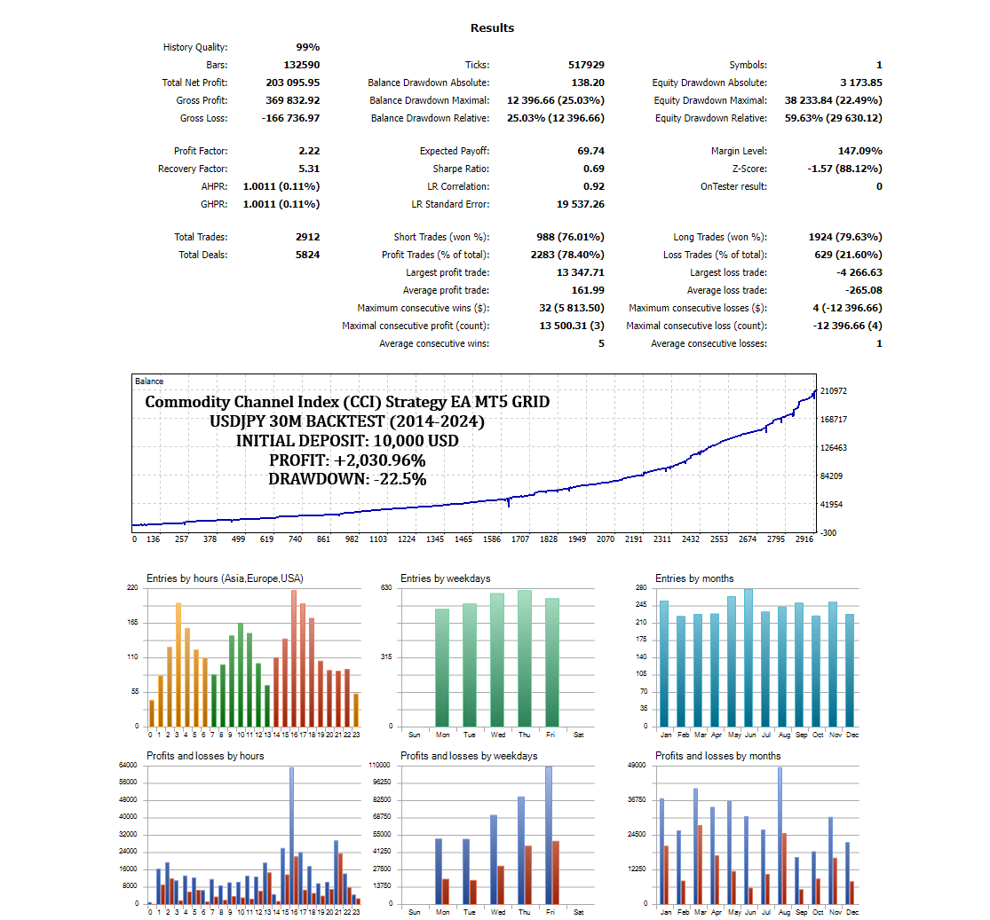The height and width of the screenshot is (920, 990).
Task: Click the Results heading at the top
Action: click(492, 28)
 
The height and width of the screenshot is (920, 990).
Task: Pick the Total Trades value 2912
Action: click(307, 237)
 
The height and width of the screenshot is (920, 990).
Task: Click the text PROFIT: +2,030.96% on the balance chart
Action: click(347, 460)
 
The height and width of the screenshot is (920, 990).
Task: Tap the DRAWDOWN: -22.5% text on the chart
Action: click(347, 479)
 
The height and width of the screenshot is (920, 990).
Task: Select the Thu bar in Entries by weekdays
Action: click(524, 657)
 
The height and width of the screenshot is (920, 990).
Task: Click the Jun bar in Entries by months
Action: click(748, 657)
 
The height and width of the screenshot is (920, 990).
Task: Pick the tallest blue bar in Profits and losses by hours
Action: click(291, 835)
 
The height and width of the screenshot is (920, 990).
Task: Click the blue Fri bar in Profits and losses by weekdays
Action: click(548, 834)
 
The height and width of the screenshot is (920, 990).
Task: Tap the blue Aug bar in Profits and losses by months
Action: click(780, 835)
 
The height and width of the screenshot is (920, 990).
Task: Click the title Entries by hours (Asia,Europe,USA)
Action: click(225, 578)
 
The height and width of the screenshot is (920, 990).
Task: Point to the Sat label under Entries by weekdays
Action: click(579, 735)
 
